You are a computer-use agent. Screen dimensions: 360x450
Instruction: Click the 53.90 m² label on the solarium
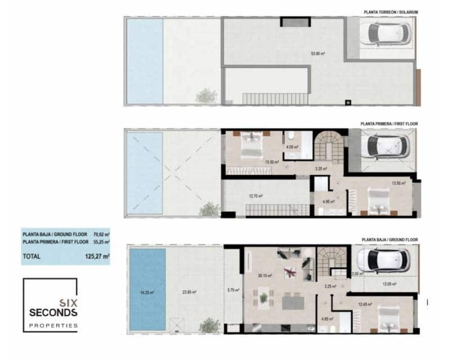click(x=319, y=55)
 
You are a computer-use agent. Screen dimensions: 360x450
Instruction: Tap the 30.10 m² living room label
click(x=264, y=276)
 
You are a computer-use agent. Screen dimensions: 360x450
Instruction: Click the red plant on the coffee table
click(x=291, y=272)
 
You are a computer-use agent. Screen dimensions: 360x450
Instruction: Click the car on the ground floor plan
click(x=380, y=261)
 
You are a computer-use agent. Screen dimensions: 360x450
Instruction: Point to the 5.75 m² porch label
click(x=233, y=290)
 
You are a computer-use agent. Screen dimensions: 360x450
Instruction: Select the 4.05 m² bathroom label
click(x=291, y=148)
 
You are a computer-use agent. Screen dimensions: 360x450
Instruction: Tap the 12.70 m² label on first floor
click(x=256, y=196)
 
